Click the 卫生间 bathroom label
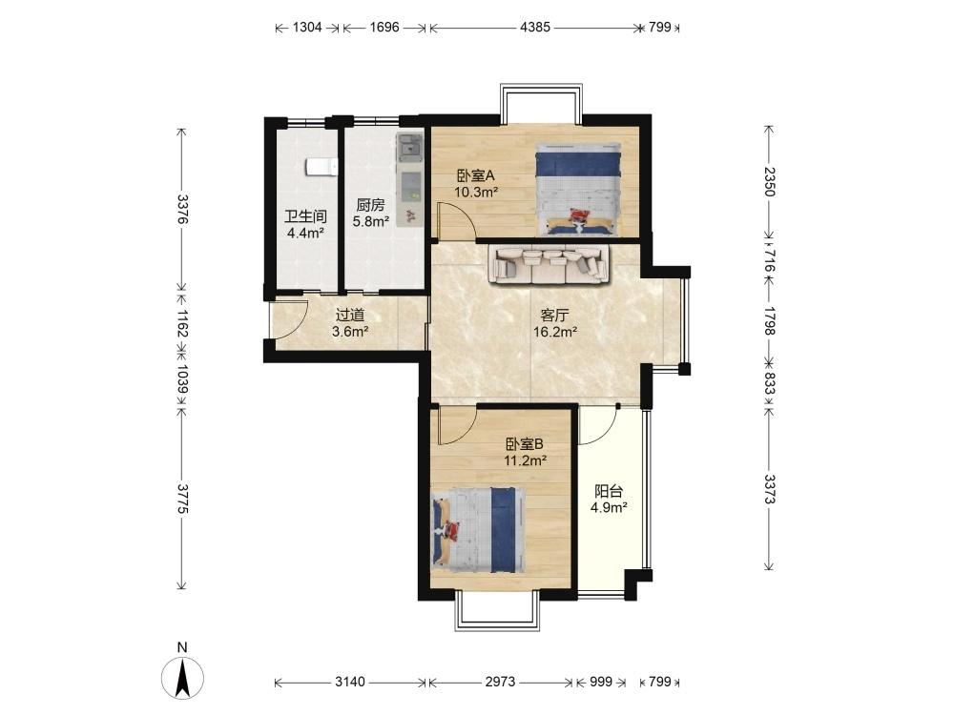306,215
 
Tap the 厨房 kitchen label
370,205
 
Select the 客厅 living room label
555,316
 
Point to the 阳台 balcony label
609,491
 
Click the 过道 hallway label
350,315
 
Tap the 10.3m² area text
476,193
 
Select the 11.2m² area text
525,460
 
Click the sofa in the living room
549,264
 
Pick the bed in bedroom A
577,189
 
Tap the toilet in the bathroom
321,166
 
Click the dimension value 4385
535,28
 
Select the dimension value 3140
350,683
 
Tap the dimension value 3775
181,498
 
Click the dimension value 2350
769,181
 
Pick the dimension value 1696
384,28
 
